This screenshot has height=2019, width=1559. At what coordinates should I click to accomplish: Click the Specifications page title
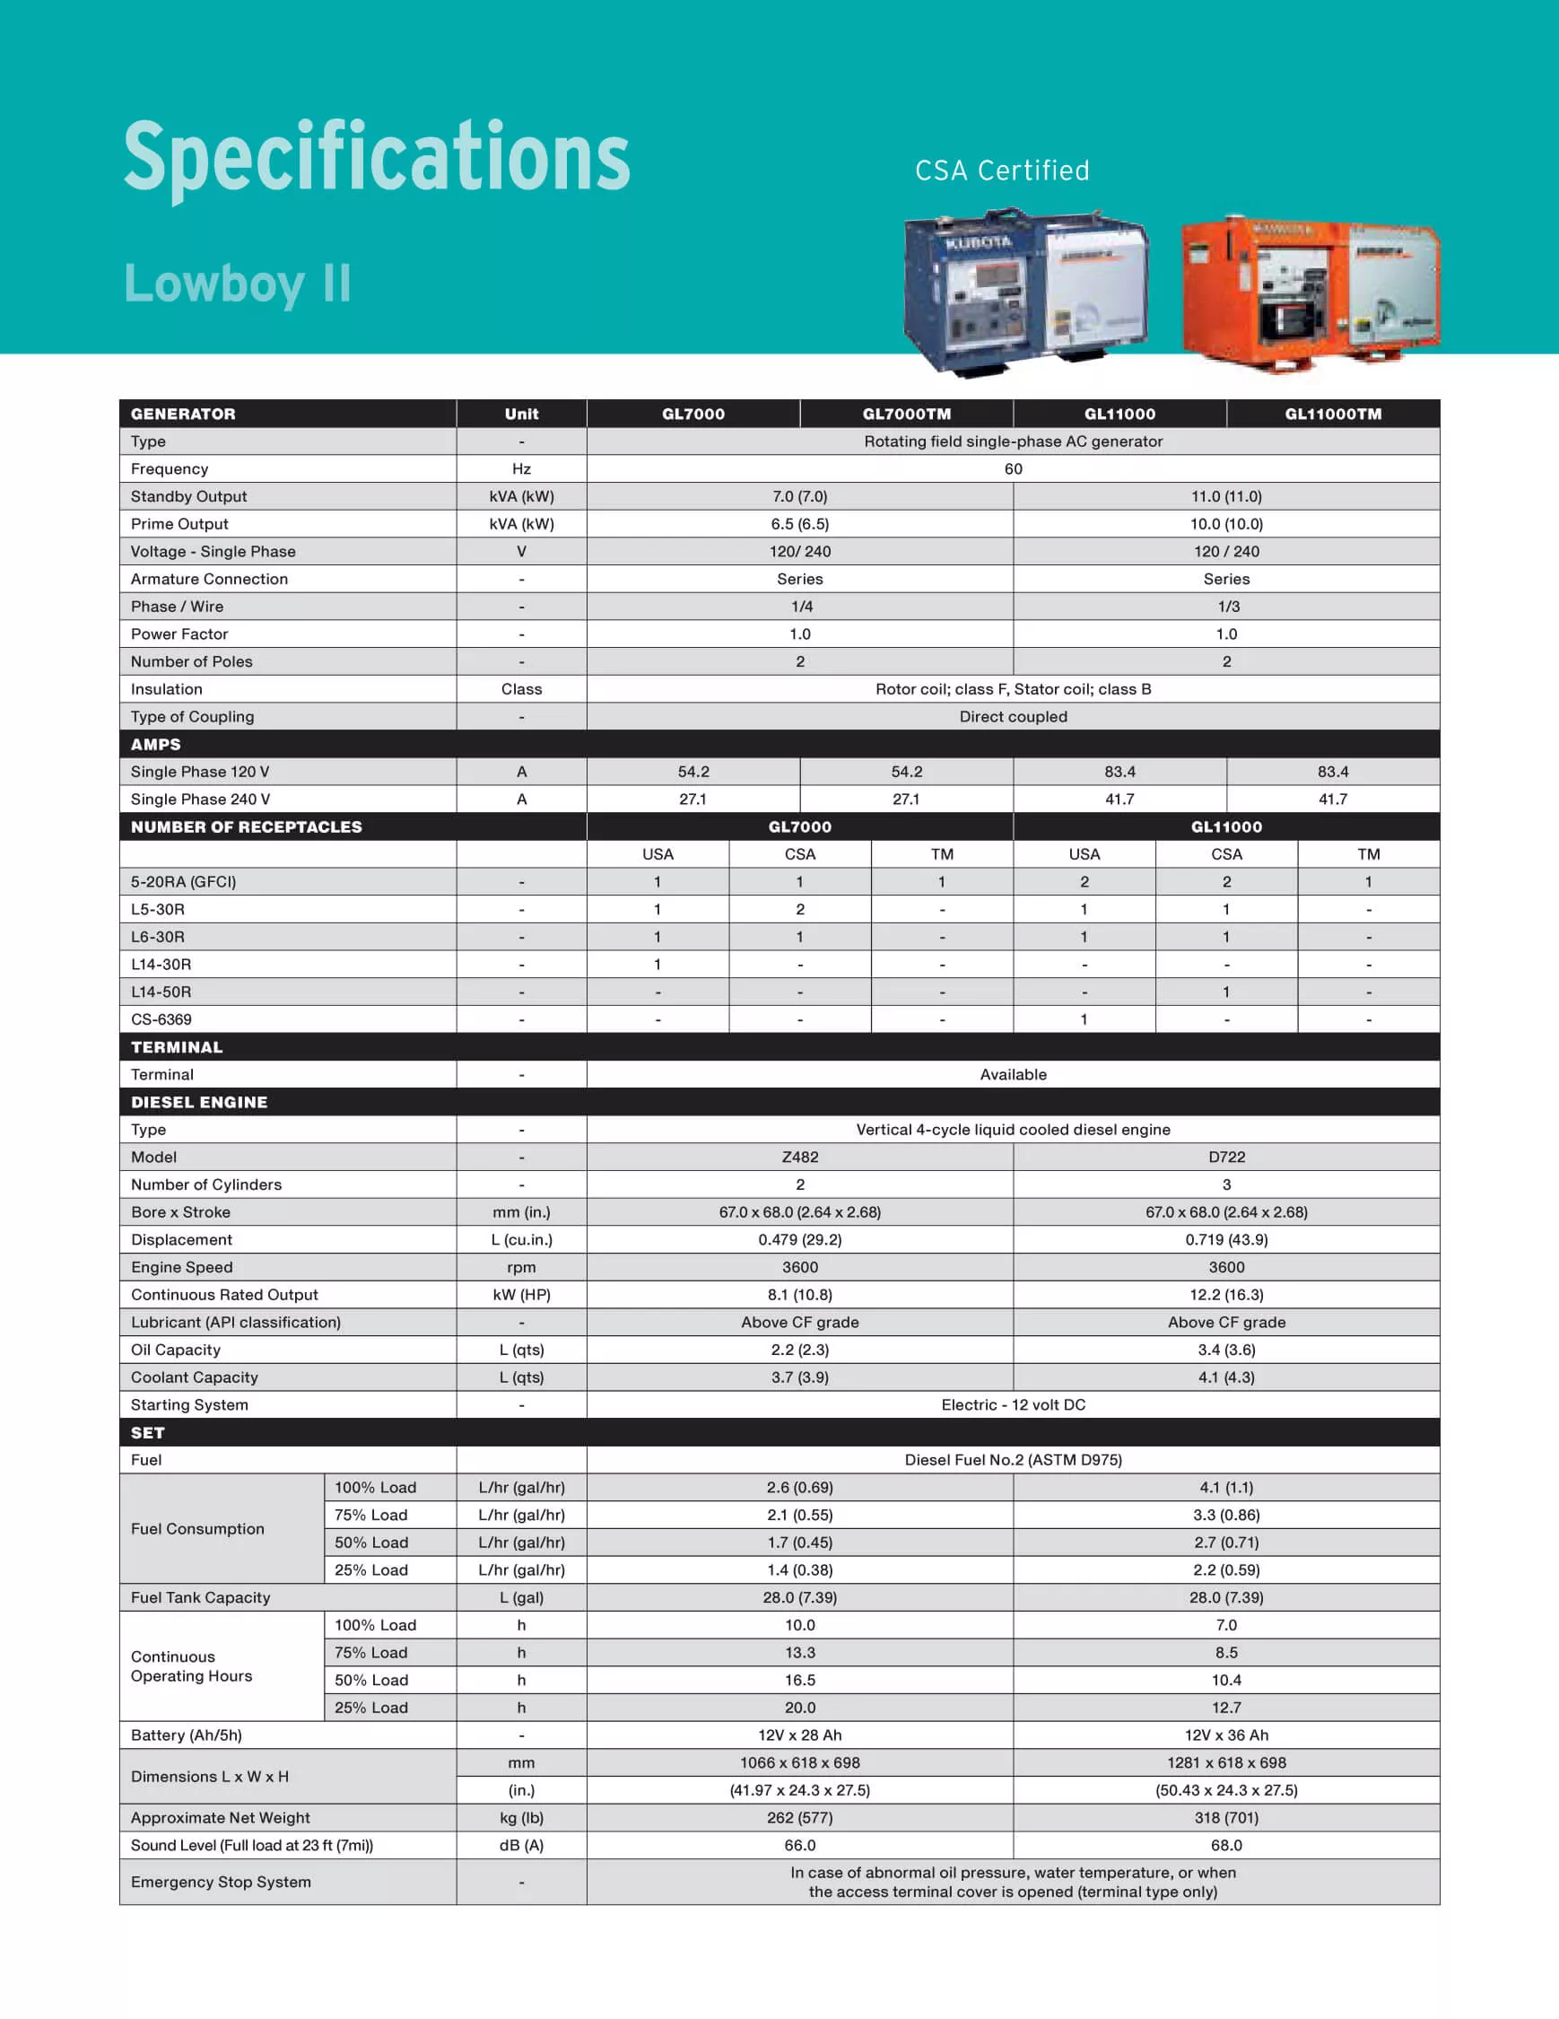pyautogui.click(x=376, y=157)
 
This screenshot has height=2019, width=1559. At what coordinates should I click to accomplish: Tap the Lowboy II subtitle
pyautogui.click(x=238, y=283)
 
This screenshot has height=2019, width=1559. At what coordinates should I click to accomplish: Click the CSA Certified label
pyautogui.click(x=1002, y=171)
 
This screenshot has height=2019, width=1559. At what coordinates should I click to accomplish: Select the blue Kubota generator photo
pyautogui.click(x=1026, y=293)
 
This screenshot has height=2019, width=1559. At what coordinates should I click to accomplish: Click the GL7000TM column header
pyautogui.click(x=906, y=415)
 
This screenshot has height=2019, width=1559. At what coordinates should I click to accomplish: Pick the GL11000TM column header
pyautogui.click(x=1333, y=415)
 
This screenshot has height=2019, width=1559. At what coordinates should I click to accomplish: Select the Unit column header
pyautogui.click(x=521, y=415)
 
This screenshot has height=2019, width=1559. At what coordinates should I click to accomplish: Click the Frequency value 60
pyautogui.click(x=1013, y=468)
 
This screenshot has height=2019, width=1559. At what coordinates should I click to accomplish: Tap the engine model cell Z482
pyautogui.click(x=799, y=1157)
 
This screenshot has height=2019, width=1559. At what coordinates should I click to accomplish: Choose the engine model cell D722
pyautogui.click(x=1226, y=1157)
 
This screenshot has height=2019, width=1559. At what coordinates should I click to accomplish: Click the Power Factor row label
pyautogui.click(x=179, y=634)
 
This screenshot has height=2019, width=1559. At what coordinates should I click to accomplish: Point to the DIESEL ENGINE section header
pyautogui.click(x=198, y=1102)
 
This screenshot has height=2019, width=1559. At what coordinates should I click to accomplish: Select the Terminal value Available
pyautogui.click(x=1013, y=1074)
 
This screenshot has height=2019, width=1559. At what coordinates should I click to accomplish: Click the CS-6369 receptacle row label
pyautogui.click(x=161, y=1019)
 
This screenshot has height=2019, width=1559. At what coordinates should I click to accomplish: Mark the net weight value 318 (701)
pyautogui.click(x=1226, y=1817)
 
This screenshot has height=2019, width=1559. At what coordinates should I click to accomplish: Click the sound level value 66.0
pyautogui.click(x=799, y=1845)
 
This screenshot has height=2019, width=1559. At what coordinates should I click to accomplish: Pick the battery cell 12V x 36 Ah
pyautogui.click(x=1226, y=1735)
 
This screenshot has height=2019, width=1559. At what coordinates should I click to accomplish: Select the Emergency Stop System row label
pyautogui.click(x=221, y=1883)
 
